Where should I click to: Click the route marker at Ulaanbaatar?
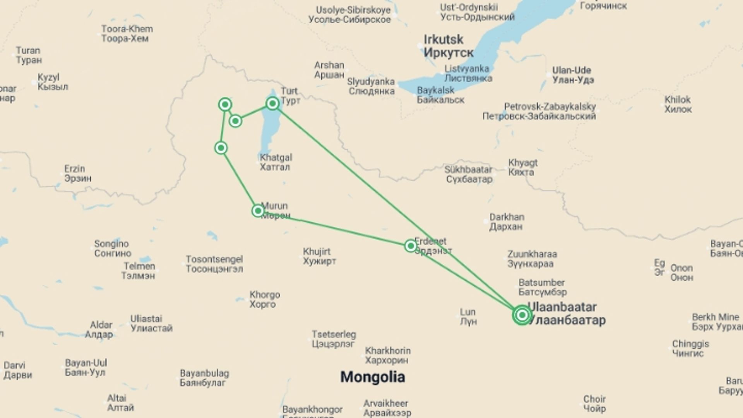[x=522, y=315]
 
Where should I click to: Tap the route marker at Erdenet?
[x=411, y=246]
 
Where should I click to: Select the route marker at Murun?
[x=258, y=211]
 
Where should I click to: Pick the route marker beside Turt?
[x=273, y=103]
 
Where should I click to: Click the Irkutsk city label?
[x=448, y=46]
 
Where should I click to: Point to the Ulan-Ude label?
[x=573, y=75]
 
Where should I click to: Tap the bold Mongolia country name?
[x=373, y=377]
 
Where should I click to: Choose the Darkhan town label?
[x=507, y=221]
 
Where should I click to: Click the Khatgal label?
[x=276, y=162]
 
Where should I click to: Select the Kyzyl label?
[x=53, y=82]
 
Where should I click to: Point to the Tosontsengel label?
[x=214, y=264]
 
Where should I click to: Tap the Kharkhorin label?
[x=387, y=355]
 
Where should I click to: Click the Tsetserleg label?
[x=334, y=339]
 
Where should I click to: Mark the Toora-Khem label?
[x=127, y=33]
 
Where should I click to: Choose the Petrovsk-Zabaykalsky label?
[x=539, y=111]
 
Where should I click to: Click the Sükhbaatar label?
[x=469, y=174]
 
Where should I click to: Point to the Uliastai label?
[x=151, y=323]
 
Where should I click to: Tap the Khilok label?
[x=678, y=104]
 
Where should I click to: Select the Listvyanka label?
[x=467, y=73]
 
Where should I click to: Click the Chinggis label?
[x=690, y=348]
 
